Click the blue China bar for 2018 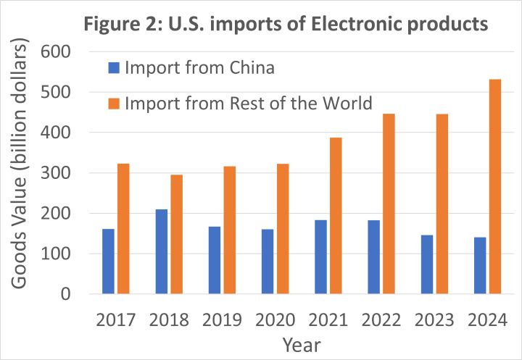[x=161, y=251]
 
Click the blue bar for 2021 [x=320, y=257]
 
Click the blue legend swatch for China [x=113, y=69]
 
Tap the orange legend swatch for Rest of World [x=113, y=103]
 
